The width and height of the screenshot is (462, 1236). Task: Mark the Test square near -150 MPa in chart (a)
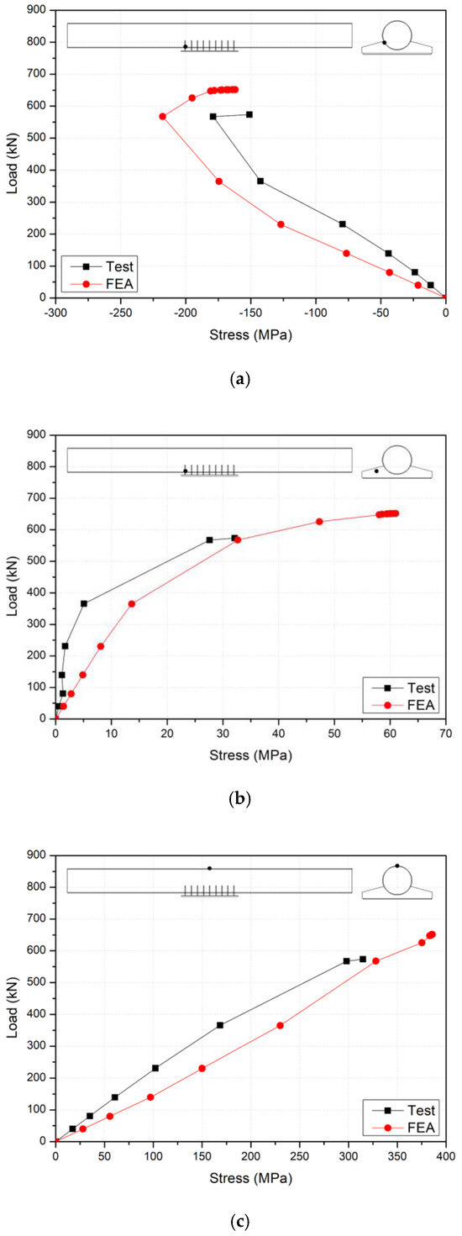[249, 114]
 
